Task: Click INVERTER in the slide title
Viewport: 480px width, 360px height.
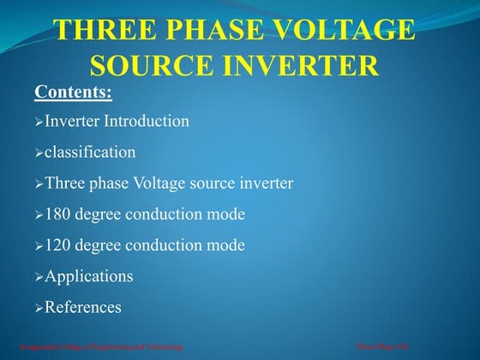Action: pyautogui.click(x=306, y=65)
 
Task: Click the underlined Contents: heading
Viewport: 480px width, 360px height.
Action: pyautogui.click(x=73, y=91)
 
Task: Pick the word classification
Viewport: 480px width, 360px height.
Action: pyautogui.click(x=90, y=153)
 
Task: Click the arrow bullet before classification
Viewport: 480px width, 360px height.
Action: pyautogui.click(x=39, y=153)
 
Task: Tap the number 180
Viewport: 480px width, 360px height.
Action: pyautogui.click(x=58, y=214)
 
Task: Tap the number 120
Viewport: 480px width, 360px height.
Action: pyautogui.click(x=58, y=245)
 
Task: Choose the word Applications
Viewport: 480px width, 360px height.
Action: pyautogui.click(x=89, y=277)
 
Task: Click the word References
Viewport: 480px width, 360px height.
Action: pyautogui.click(x=83, y=307)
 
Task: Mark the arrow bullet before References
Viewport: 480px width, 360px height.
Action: pyautogui.click(x=39, y=308)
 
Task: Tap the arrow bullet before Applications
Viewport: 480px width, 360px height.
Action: pyautogui.click(x=39, y=278)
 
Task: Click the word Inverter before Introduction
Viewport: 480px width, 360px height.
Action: pyautogui.click(x=72, y=121)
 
